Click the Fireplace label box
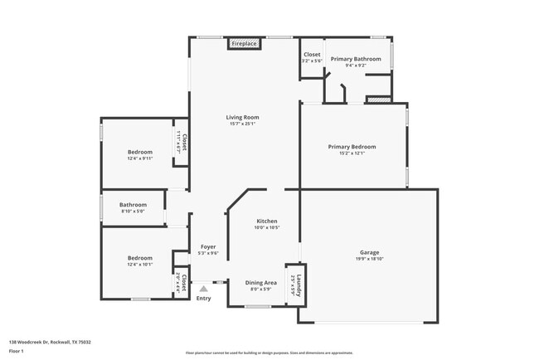point(244,43)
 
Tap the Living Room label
point(243,118)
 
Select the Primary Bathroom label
point(356,59)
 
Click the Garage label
point(369,252)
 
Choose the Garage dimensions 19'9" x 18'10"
point(369,259)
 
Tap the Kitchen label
point(266,221)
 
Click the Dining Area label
point(260,283)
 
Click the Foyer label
point(207,247)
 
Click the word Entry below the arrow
point(203,299)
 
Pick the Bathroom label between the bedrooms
point(133,205)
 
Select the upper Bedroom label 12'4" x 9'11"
point(139,152)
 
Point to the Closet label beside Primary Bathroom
point(312,55)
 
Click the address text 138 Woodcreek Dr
point(50,342)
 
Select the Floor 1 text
point(17,352)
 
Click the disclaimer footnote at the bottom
point(269,352)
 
